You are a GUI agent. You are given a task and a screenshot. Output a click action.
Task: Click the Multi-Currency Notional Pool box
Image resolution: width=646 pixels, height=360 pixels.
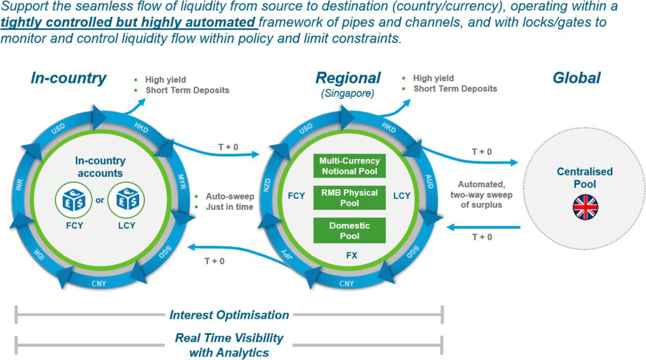349,166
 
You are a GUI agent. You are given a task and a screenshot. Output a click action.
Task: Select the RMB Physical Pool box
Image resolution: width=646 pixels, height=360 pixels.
349,198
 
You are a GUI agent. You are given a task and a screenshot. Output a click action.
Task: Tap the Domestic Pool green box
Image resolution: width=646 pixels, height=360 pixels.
349,230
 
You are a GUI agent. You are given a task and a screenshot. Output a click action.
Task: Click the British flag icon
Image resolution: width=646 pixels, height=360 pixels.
585,207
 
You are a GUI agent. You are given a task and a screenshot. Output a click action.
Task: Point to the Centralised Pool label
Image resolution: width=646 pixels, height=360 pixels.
585,177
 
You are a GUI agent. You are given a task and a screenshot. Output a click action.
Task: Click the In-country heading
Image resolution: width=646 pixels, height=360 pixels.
69,78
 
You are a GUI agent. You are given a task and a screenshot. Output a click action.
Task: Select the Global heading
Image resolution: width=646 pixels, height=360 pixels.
577,78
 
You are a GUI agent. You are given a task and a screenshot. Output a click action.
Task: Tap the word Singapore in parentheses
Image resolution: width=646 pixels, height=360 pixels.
347,93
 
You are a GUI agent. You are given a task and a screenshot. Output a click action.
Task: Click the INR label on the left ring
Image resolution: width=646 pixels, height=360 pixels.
19,184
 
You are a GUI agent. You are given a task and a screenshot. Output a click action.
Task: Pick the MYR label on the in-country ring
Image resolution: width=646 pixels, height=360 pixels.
181,182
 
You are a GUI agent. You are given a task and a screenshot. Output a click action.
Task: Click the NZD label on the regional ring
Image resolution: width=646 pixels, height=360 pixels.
267,185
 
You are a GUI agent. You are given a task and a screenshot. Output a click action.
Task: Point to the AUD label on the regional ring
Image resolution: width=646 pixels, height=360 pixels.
429,181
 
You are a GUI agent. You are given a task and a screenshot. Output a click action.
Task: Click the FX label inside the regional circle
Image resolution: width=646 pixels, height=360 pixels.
352,255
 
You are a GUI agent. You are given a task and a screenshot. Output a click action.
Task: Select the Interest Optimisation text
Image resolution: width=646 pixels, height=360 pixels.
229,315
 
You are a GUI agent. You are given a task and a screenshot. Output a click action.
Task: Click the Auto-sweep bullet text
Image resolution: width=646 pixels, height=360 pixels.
230,196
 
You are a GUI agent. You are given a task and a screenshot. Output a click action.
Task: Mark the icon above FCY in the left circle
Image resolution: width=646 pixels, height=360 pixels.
74,200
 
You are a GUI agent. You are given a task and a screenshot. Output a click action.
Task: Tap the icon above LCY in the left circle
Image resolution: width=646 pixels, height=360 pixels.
126,200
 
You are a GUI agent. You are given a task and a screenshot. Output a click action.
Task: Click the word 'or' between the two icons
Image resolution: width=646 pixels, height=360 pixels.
100,201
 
